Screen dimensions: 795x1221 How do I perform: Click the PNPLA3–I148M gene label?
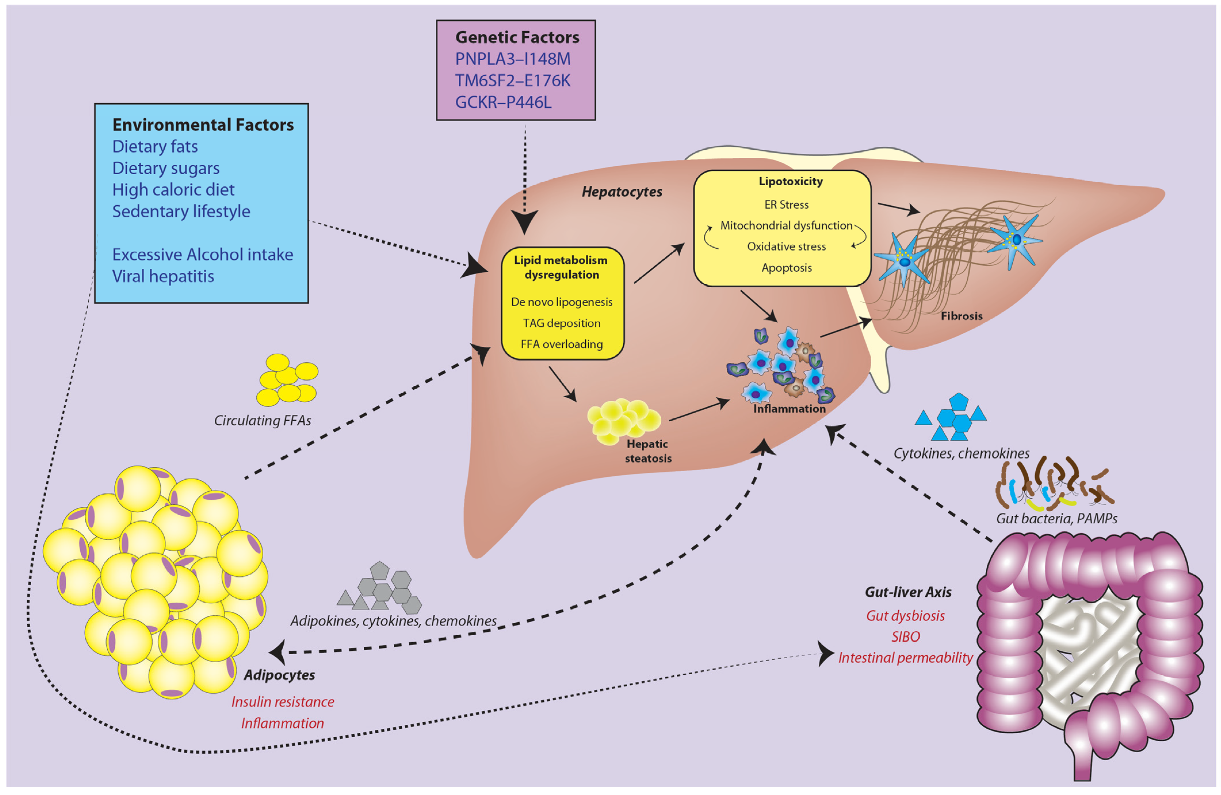[x=513, y=59]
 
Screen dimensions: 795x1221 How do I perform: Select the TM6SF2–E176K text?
[x=513, y=80]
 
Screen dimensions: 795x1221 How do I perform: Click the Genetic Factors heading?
[x=517, y=37]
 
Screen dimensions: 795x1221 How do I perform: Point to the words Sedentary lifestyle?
[x=181, y=211]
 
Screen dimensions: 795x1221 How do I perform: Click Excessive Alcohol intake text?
[x=203, y=254]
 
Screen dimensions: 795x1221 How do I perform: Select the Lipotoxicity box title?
[x=791, y=181]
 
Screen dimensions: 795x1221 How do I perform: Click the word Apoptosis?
[x=787, y=268]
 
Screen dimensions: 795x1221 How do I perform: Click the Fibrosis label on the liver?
[x=962, y=316]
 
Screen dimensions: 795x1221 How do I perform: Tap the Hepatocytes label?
[x=622, y=192]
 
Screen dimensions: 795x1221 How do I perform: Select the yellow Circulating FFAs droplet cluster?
[x=287, y=379]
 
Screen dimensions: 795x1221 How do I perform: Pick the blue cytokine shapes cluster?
[x=952, y=418]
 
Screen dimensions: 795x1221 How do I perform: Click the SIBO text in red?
[x=905, y=636]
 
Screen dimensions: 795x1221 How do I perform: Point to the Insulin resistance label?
[x=283, y=702]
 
